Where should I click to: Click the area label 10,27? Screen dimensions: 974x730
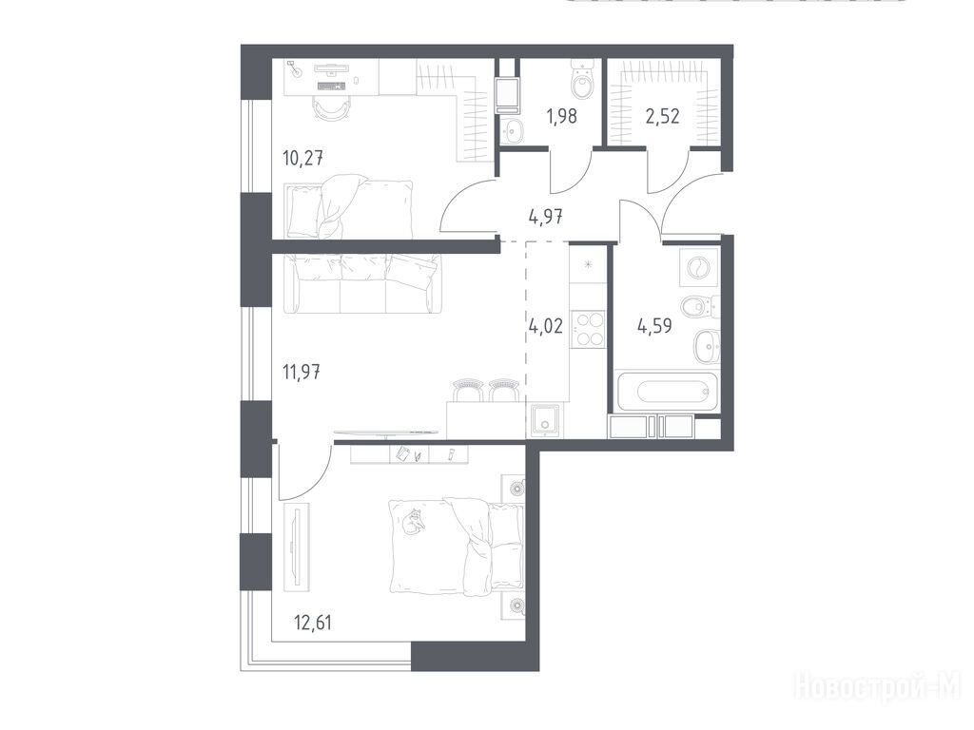pos(302,159)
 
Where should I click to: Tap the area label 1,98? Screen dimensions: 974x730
pos(561,116)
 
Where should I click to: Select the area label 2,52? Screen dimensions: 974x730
pos(662,116)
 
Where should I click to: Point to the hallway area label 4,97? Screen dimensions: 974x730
pos(545,218)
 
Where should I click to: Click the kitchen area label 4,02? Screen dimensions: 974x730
pos(545,326)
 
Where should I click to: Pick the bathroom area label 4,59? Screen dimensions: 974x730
pos(654,326)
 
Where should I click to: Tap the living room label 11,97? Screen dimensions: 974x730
pos(302,373)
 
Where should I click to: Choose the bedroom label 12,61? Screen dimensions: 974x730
pos(312,622)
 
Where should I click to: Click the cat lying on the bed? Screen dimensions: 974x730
pos(414,520)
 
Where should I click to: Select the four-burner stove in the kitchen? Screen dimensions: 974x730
pos(588,329)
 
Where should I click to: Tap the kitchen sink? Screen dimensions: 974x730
pos(545,419)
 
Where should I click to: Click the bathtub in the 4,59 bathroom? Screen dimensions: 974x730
pos(667,391)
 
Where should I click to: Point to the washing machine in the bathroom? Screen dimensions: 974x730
pos(699,267)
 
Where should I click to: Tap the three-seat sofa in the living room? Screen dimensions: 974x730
pos(362,282)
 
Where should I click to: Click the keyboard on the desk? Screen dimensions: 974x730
pos(331,86)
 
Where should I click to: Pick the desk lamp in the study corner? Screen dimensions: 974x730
pos(295,68)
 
